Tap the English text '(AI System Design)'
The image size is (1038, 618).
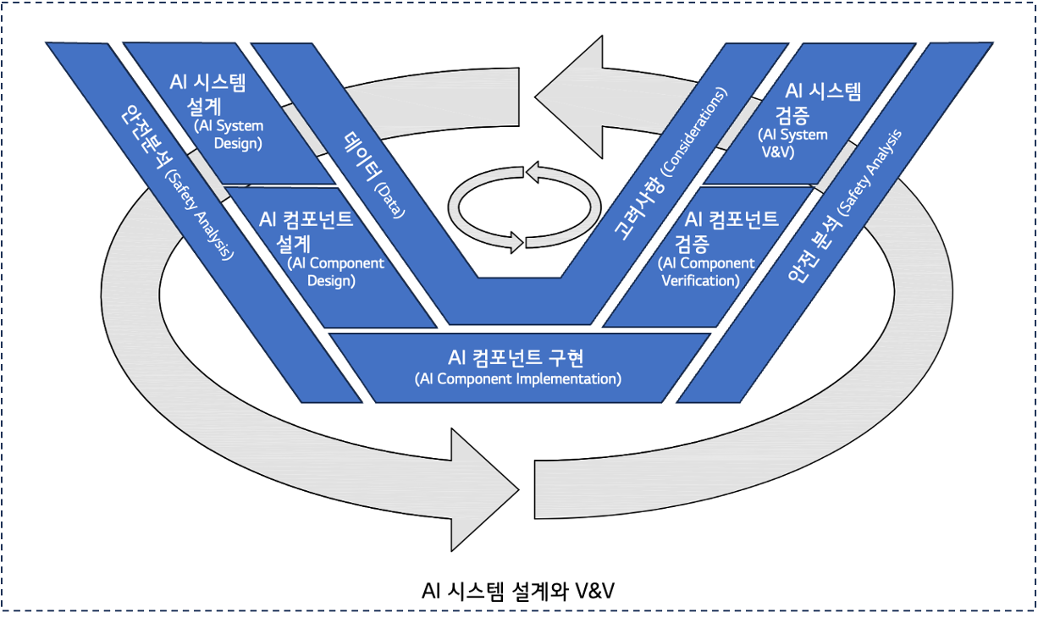229,135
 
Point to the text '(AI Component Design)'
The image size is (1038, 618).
336,271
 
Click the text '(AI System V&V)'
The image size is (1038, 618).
792,143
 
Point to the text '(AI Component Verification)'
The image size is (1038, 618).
706,272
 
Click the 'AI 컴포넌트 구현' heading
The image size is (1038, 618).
517,356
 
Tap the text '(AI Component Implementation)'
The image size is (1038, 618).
518,378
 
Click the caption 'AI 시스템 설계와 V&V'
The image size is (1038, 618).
517,590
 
